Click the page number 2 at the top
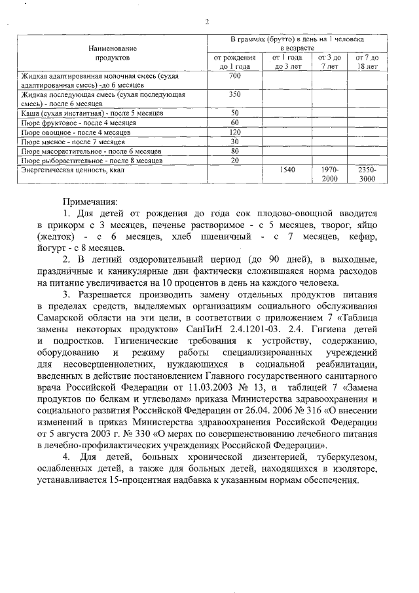tap(207, 22)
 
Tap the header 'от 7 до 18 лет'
tap(367, 62)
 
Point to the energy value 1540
tap(288, 169)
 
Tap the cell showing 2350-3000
tap(367, 174)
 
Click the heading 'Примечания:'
tap(91, 202)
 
